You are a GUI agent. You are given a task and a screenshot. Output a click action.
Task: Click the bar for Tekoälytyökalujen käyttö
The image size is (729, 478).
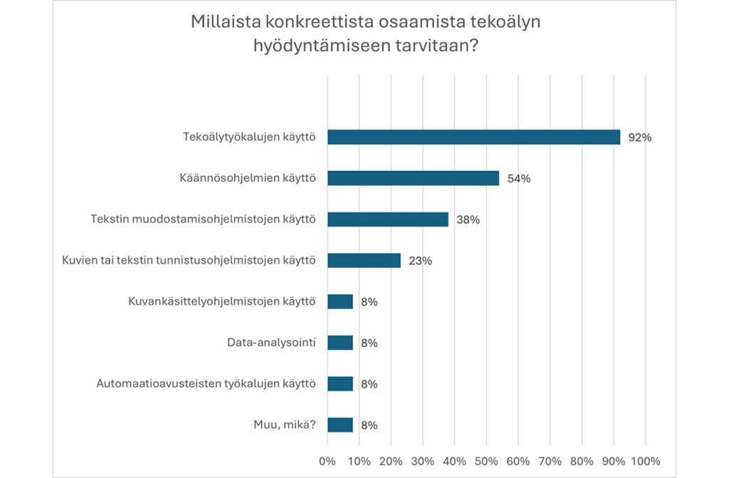(473, 137)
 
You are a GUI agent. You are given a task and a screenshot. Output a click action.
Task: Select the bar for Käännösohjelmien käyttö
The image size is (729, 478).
(413, 178)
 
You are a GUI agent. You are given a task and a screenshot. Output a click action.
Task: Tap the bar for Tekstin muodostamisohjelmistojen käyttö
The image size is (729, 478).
(388, 219)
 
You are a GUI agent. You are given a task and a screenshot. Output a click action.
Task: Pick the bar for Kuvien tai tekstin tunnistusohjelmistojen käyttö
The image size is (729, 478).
(364, 260)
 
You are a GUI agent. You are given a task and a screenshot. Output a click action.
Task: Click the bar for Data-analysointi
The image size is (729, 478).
(340, 343)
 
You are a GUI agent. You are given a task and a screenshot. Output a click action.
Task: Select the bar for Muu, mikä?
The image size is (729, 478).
(340, 425)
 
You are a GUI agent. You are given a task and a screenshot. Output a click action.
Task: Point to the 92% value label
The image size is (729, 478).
(639, 137)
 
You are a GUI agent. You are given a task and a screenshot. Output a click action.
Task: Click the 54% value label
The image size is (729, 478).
(519, 179)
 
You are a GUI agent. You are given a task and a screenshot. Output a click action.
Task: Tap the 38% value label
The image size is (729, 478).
(468, 219)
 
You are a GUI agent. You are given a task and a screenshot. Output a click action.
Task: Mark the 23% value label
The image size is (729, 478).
(420, 261)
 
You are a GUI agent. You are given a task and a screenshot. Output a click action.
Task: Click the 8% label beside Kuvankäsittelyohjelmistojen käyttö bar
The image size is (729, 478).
(369, 302)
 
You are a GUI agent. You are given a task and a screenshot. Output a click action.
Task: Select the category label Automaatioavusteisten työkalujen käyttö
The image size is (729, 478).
(206, 384)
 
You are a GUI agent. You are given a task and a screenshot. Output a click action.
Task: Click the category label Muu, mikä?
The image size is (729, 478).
(283, 425)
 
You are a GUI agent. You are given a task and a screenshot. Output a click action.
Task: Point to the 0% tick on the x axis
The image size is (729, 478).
(327, 460)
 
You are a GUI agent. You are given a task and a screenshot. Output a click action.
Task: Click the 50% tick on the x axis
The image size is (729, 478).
(486, 460)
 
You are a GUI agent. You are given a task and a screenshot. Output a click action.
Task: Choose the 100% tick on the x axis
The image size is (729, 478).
(646, 460)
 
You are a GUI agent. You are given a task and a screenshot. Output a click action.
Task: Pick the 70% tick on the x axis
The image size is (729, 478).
(550, 460)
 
